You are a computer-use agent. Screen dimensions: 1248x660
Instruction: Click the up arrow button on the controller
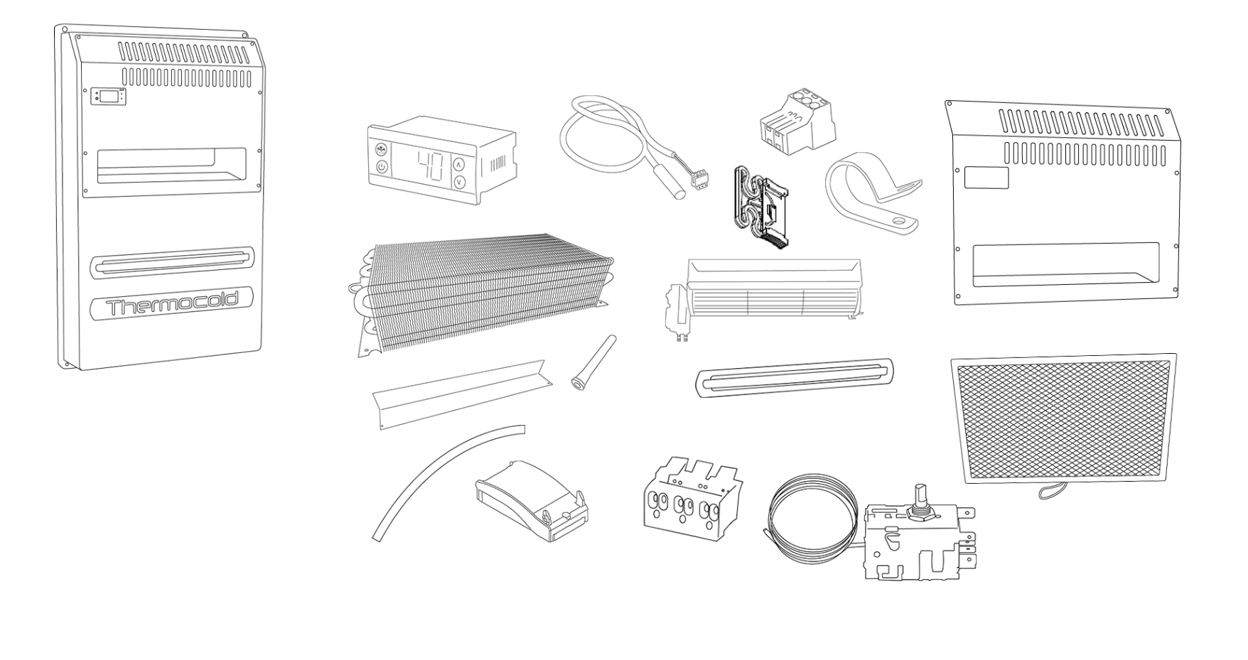(458, 164)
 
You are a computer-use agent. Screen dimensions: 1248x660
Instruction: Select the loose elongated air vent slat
(794, 377)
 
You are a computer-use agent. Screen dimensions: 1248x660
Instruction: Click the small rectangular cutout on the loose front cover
(986, 178)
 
